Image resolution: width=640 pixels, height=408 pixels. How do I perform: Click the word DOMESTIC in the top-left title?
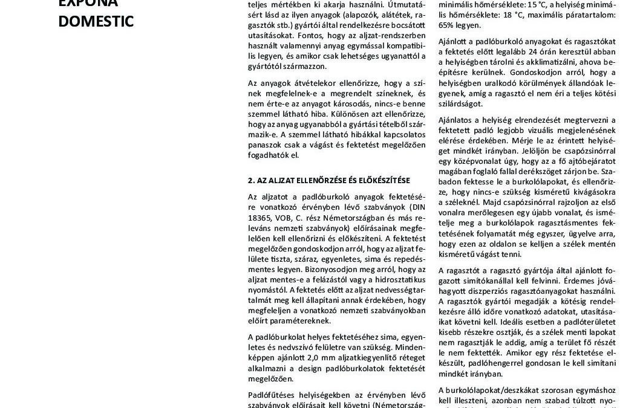pyautogui.click(x=96, y=22)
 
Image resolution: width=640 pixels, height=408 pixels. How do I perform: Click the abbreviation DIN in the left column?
pyautogui.click(x=417, y=207)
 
